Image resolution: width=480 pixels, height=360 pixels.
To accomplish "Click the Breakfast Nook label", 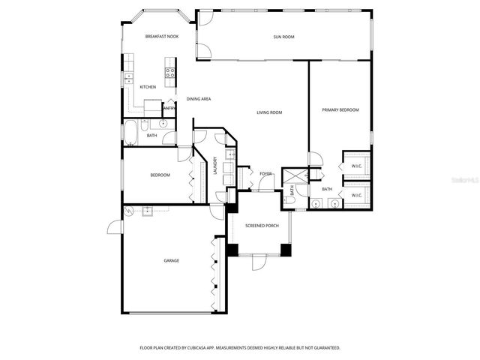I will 162,36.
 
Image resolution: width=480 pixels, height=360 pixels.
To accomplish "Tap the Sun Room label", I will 283,36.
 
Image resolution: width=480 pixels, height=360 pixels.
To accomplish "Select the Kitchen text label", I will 148,87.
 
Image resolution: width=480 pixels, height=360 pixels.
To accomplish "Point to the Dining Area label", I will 198,99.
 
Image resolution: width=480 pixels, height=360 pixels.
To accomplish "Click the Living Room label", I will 269,112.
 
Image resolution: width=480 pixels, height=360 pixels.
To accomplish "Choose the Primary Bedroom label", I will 340,110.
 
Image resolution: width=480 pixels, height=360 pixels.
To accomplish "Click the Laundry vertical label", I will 214,165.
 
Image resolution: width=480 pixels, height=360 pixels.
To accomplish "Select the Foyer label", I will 265,174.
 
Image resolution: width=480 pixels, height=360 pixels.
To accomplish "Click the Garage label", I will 172,260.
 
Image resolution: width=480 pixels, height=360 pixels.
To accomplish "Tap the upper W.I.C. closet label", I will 356,166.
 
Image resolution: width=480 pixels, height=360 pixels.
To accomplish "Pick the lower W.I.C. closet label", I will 356,196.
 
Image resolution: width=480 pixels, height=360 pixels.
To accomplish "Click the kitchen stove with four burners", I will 170,73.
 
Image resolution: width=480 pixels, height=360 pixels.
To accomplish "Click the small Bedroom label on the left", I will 160,175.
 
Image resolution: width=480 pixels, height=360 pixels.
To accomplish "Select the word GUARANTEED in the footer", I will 325,348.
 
